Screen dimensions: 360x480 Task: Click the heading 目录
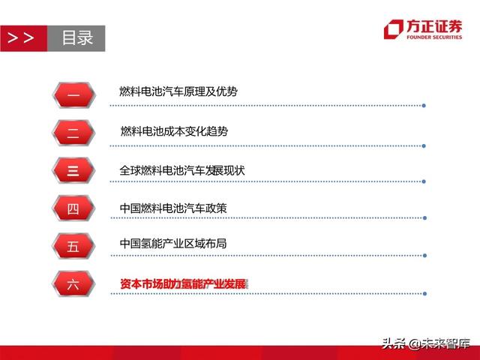[x=77, y=37]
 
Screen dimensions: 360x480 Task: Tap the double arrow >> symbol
[x=21, y=37]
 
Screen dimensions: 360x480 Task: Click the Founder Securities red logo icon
[x=394, y=29]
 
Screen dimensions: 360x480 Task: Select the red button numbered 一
[x=73, y=94]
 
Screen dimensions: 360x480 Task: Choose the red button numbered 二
[x=73, y=132]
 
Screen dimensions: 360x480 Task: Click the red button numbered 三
[x=73, y=170]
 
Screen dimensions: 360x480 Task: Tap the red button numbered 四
[x=73, y=208]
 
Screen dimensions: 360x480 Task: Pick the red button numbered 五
[x=73, y=245]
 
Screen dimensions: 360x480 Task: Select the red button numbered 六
[x=73, y=283]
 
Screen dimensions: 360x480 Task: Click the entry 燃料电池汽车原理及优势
[x=178, y=91]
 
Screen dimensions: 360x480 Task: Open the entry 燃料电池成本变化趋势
[x=174, y=131]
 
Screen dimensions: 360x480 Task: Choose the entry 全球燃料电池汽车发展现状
[x=182, y=170]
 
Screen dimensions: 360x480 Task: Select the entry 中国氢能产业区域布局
[x=172, y=244]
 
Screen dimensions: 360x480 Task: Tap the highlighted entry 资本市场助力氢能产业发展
[x=183, y=283]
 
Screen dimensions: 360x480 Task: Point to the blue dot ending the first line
[x=424, y=105]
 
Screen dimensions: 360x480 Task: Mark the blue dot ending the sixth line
[x=424, y=293]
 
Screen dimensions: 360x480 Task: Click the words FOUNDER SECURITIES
[x=434, y=36]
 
